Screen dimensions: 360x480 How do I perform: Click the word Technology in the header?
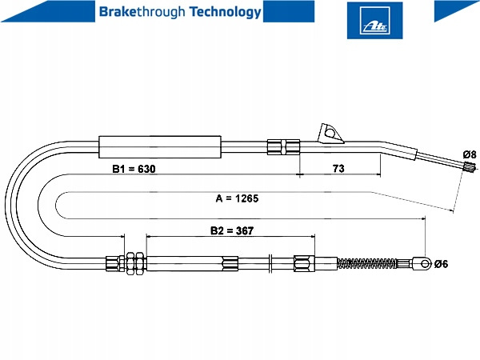point(226,12)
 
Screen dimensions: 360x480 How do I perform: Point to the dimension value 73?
point(338,170)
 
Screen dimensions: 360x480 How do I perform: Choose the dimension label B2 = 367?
point(232,230)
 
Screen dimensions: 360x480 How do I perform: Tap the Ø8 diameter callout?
point(469,154)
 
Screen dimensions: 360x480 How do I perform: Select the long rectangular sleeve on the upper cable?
point(158,148)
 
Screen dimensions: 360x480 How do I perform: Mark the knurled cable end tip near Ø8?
point(470,169)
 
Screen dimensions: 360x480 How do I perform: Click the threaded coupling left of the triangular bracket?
point(283,146)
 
